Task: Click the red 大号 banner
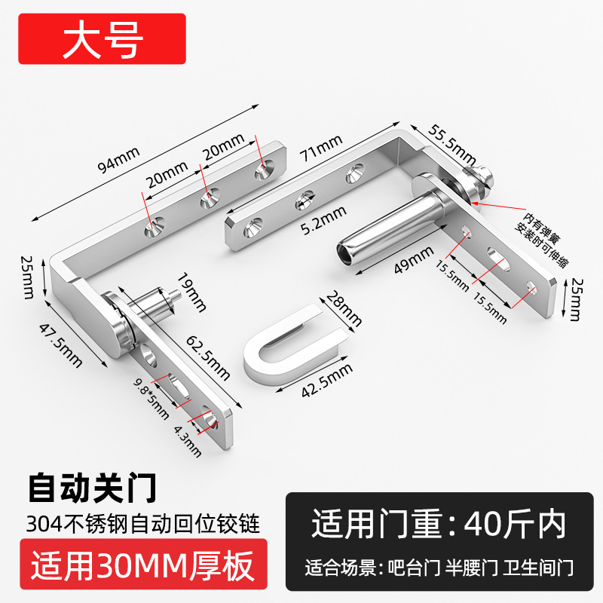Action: [x=103, y=41]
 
